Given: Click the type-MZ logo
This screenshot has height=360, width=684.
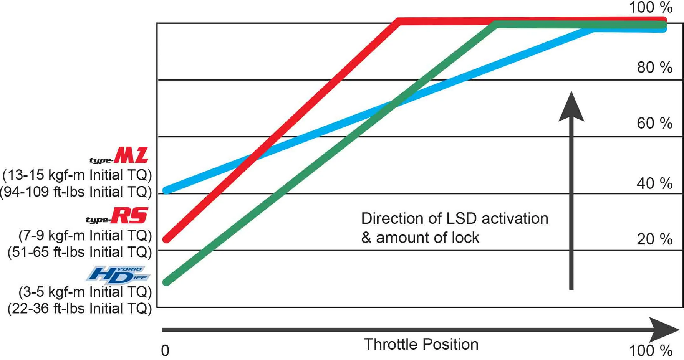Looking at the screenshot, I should coord(119,156).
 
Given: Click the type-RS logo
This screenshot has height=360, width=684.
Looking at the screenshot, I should coord(117,216).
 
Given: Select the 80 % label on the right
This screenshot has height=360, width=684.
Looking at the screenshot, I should coord(654,68).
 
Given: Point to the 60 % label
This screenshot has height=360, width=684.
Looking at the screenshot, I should coord(654,124).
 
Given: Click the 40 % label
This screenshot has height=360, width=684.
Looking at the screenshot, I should coord(654,183).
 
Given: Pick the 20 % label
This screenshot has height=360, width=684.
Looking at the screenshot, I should coord(654,239).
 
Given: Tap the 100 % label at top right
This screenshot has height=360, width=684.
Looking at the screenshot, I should coord(651,8).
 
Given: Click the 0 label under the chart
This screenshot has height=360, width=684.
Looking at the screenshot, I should coord(165,351).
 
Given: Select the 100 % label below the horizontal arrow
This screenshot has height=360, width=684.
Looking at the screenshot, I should coord(651,351).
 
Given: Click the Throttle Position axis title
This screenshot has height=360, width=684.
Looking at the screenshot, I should coord(421,344).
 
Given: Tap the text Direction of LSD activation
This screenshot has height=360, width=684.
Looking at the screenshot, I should coord(455,218).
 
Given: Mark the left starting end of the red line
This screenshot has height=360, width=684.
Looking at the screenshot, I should coord(166,239).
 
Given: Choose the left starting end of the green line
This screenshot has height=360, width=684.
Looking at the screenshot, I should coord(166,282).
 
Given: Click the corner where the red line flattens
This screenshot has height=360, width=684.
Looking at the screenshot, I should coord(399,21).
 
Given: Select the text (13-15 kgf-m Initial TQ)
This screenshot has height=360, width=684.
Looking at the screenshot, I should coord(77,175).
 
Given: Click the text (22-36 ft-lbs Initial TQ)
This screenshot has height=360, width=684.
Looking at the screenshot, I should coord(79,309).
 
